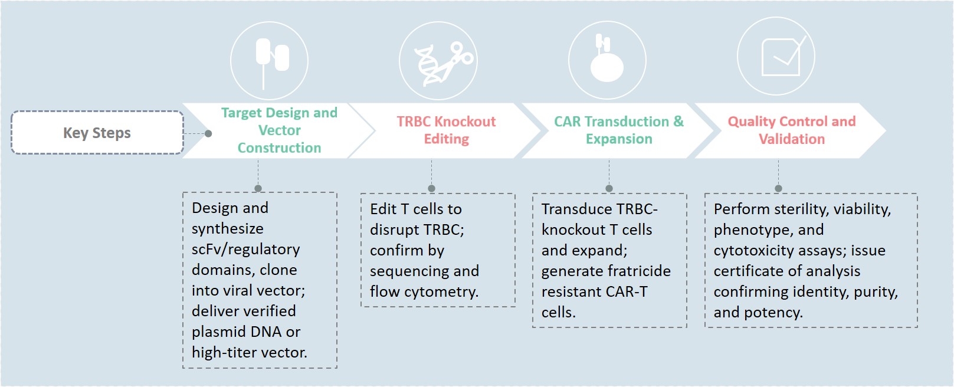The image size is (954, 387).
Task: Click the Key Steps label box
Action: pos(97,133)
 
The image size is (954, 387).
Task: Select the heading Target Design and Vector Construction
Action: pos(279,130)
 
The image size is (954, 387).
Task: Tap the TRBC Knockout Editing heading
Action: pos(446,130)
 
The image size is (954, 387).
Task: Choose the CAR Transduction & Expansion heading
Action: pos(618,130)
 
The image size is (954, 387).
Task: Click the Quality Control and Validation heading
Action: pos(791,130)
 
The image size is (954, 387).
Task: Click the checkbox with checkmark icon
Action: pos(781,57)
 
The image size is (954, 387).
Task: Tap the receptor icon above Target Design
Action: pos(271,58)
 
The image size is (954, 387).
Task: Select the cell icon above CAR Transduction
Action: pos(606,63)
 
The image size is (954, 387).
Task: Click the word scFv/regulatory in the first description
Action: pos(245,250)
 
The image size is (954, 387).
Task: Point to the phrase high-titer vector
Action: pos(249,353)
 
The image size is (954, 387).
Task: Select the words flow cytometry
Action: pos(424,292)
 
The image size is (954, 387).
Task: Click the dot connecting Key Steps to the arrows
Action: pos(208,133)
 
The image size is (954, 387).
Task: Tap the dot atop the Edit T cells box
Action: pos(431,189)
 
